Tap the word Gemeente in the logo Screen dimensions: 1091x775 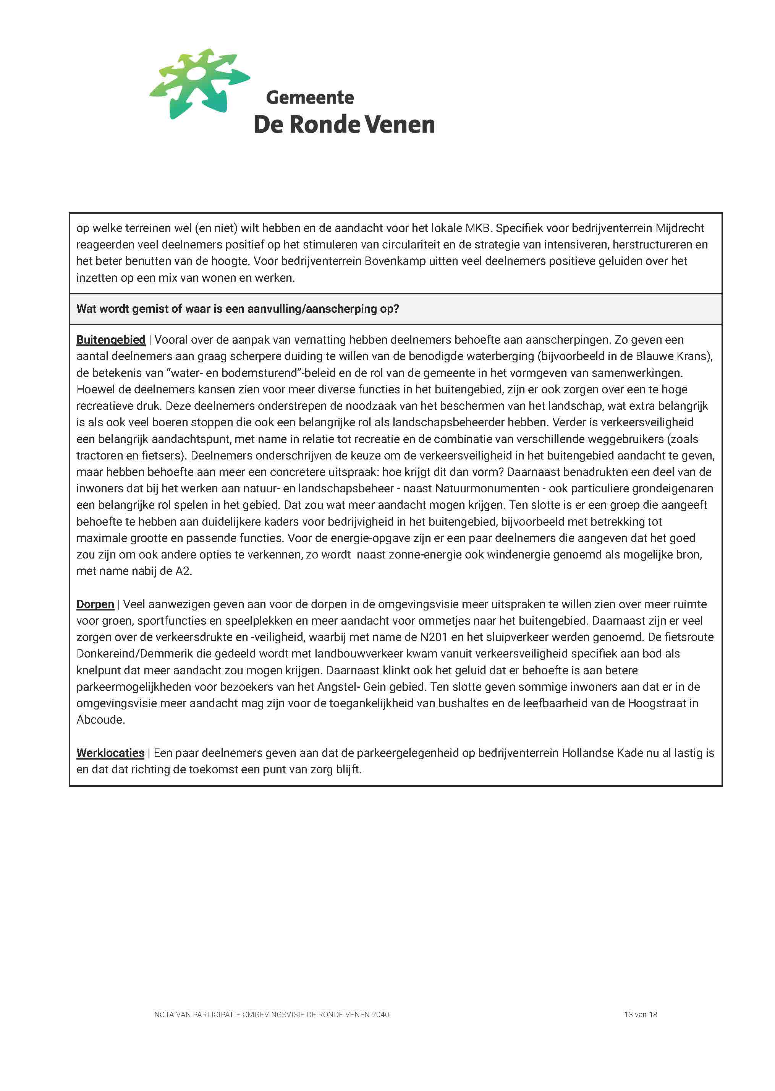(310, 97)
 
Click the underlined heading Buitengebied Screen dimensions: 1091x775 (111, 339)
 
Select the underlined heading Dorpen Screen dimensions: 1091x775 (95, 604)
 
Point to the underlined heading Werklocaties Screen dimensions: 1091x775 (110, 753)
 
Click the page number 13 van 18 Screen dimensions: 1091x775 (641, 1015)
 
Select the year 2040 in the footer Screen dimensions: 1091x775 (380, 1015)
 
